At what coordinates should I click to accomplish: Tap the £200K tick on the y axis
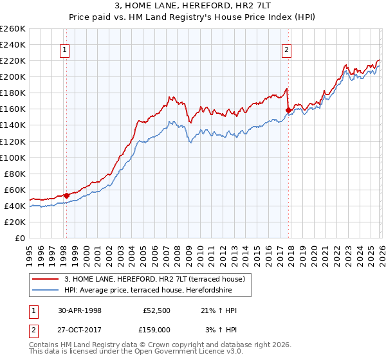13,76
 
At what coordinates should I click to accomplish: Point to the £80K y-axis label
15,174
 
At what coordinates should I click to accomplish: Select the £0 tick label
21,238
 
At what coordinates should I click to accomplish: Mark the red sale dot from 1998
66,195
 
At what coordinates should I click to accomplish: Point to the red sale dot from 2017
288,110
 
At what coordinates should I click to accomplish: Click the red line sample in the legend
46,280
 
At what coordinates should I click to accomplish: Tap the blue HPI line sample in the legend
46,291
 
